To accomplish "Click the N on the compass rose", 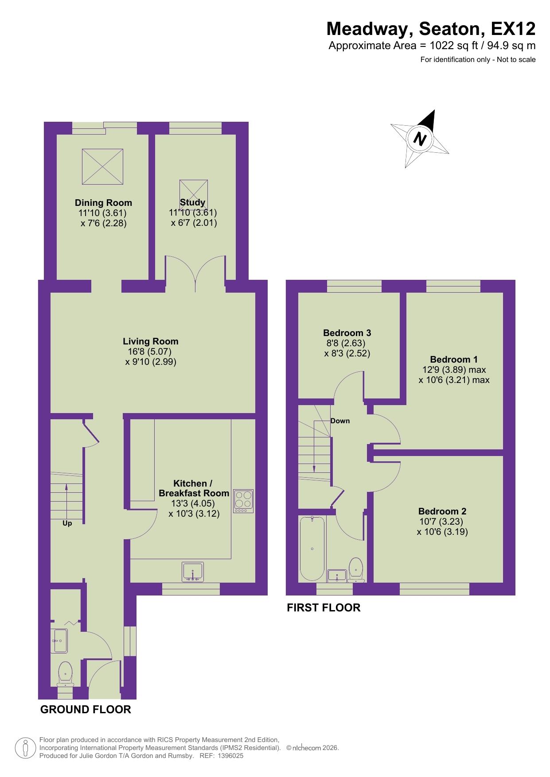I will [x=419, y=139].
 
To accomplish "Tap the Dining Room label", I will [x=103, y=203].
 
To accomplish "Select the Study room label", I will [x=193, y=202].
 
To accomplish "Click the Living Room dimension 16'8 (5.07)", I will [x=149, y=352].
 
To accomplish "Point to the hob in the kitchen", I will [x=243, y=501].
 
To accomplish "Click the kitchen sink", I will [x=192, y=572].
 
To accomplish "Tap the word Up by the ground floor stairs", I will [x=67, y=523].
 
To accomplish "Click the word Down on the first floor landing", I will [x=340, y=421].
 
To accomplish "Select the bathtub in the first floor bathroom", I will [x=312, y=549].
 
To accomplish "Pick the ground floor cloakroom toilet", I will [x=66, y=673].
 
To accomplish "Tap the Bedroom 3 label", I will [x=347, y=333].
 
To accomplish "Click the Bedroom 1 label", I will [x=454, y=360].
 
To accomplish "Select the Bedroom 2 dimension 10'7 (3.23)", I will [x=441, y=522].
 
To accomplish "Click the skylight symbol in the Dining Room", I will [x=102, y=166].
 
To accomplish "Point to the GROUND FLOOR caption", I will [x=86, y=709].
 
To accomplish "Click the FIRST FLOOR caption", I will [x=324, y=607].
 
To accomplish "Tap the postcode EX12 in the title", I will [x=513, y=29].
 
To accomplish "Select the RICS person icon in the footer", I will [x=25, y=748].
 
